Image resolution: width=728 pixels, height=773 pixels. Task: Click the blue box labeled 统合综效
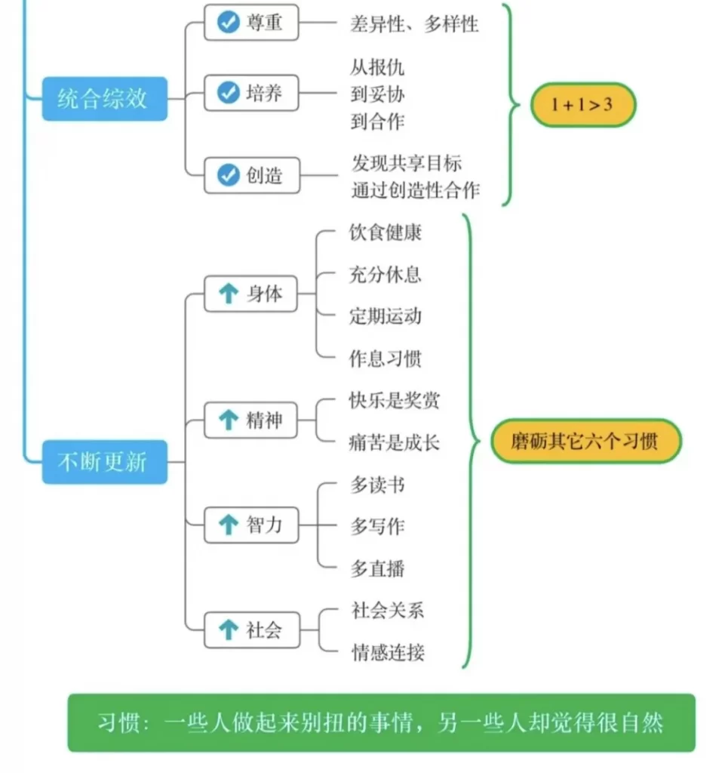tap(104, 99)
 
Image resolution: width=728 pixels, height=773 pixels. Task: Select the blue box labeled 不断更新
tap(104, 462)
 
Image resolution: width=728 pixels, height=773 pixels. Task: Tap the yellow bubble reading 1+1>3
tap(583, 104)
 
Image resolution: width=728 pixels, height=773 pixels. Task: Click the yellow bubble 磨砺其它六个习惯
tap(585, 441)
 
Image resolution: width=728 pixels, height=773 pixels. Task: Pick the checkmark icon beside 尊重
tap(229, 22)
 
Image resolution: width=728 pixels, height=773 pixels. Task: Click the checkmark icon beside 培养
tap(229, 93)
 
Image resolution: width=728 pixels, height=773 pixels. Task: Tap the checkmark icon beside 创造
tap(229, 175)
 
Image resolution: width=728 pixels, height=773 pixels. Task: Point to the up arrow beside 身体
tap(229, 294)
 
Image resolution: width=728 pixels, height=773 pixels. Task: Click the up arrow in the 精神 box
tap(229, 420)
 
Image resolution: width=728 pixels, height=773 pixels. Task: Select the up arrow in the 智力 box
tap(229, 525)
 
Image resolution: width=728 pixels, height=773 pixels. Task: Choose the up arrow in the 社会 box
tap(229, 630)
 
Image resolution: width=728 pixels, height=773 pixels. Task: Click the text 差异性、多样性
tap(414, 23)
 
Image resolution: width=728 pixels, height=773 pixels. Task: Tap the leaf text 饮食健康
tap(386, 233)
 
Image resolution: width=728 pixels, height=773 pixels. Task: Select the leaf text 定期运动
tap(386, 316)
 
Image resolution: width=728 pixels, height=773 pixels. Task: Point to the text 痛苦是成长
tap(394, 442)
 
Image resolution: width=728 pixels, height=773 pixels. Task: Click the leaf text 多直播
tap(377, 568)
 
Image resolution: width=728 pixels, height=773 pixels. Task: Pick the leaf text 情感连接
tap(388, 652)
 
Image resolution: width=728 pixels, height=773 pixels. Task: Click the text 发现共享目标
tap(407, 163)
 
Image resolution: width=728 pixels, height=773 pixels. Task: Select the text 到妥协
tap(377, 94)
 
